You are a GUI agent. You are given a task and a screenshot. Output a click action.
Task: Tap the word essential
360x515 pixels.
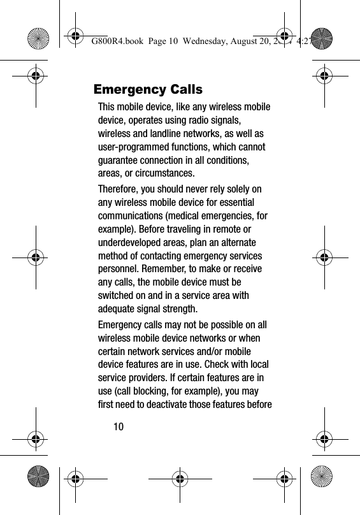tap(239, 203)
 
